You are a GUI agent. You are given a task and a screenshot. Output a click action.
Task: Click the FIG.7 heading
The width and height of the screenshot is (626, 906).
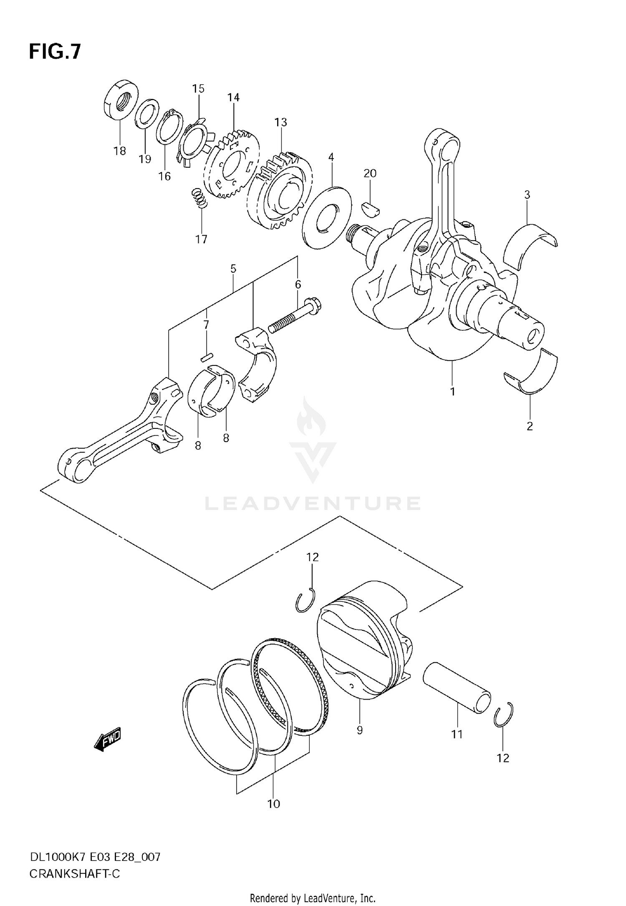click(55, 53)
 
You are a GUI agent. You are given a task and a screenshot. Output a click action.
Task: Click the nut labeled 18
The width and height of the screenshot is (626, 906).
click(121, 100)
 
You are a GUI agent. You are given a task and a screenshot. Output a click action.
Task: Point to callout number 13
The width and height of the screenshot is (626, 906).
click(281, 123)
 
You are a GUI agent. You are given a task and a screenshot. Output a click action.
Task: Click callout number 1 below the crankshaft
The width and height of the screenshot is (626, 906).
click(452, 392)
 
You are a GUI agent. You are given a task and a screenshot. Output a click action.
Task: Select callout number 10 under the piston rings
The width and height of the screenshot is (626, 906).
click(273, 804)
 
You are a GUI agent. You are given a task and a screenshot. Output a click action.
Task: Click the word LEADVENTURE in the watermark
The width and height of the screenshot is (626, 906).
click(312, 503)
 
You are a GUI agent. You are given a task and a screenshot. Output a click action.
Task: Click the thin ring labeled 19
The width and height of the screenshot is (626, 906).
click(146, 113)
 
